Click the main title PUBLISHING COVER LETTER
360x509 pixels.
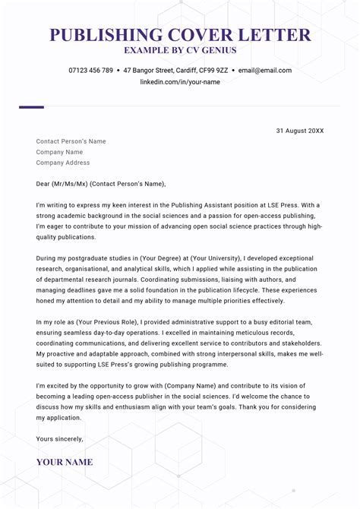180,35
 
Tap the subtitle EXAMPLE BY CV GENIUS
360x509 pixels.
180,51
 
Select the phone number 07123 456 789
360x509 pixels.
90,71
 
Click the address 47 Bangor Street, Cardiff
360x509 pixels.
175,71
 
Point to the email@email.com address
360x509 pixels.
265,71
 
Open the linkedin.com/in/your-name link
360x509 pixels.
180,82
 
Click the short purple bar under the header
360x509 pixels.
31,107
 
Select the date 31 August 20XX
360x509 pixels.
299,131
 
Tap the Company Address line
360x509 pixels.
63,163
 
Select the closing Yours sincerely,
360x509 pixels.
60,439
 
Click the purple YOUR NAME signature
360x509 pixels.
65,462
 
